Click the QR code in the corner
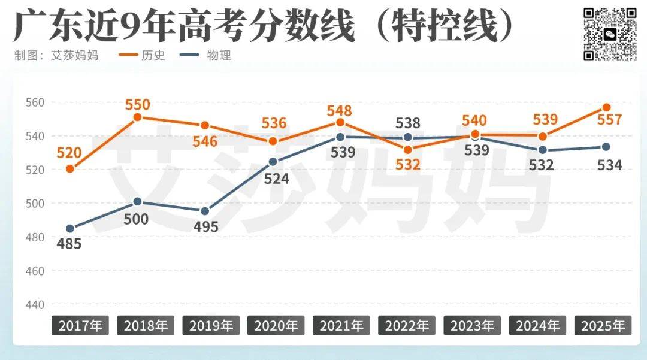point(610,34)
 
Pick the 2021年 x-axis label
point(341,326)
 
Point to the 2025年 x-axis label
point(603,326)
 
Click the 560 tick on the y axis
point(34,102)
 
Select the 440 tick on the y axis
point(34,305)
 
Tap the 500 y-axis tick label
point(34,204)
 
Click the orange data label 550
point(137,105)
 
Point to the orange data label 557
point(610,120)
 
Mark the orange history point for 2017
point(70,169)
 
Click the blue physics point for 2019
point(205,211)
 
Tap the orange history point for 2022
point(408,150)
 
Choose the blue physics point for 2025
point(606,147)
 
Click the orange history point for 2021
point(340,123)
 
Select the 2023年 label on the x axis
point(472,326)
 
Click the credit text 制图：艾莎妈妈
point(56,55)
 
